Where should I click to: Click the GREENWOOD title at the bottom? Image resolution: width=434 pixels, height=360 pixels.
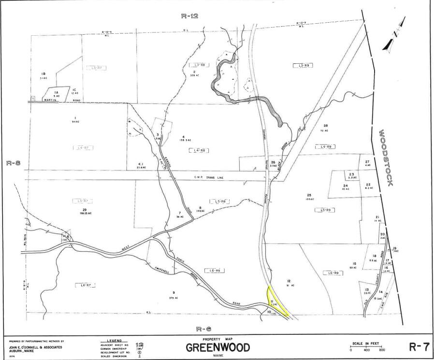click(217, 347)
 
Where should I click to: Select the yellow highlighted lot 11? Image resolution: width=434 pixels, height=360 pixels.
click(275, 301)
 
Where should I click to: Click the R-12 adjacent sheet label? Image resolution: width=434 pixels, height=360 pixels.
click(189, 15)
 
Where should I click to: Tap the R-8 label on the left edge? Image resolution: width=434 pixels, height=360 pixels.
click(13, 163)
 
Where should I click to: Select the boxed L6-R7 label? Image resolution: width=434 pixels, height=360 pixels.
click(85, 285)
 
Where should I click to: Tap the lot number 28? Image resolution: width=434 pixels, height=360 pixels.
click(326, 126)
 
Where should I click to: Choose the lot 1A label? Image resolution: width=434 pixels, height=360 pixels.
click(56, 92)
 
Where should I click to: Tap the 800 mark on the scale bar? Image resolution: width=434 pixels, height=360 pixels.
click(382, 350)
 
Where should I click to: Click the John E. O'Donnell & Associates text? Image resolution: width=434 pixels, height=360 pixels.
click(35, 347)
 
